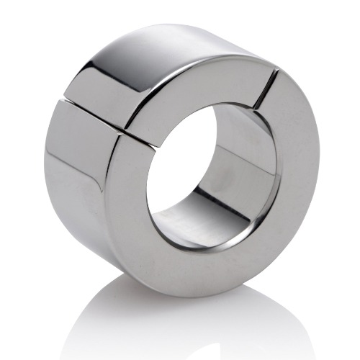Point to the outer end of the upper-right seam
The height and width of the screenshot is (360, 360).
pyautogui.click(x=276, y=71)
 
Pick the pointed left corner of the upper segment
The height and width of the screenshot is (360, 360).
pyautogui.click(x=63, y=94)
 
